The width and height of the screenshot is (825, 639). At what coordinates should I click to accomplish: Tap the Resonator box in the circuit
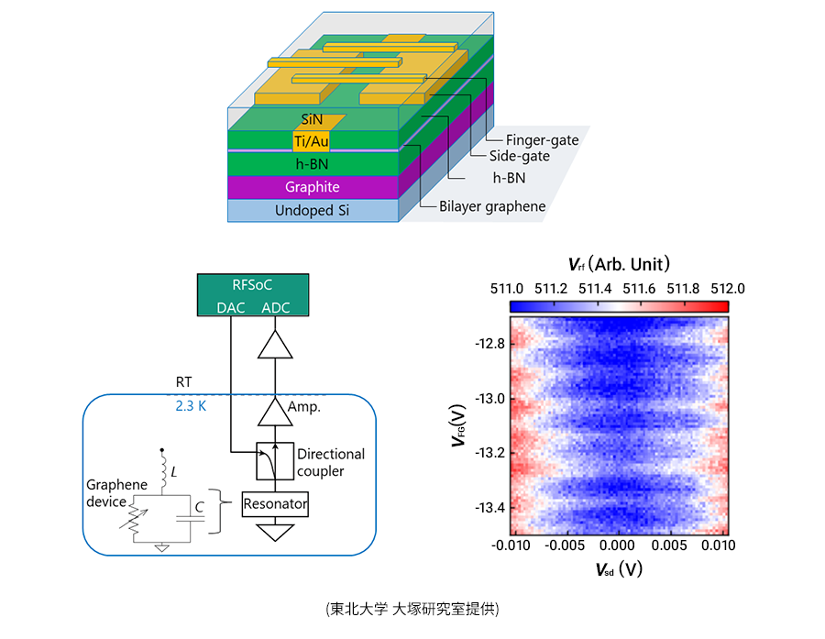275,504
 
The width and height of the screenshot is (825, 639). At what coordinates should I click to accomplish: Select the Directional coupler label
331,462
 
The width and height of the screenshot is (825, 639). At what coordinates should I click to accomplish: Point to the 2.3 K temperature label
192,404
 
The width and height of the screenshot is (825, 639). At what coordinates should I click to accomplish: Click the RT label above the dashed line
184,380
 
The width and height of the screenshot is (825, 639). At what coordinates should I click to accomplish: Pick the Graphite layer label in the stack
312,187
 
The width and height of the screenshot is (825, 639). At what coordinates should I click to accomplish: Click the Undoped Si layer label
312,211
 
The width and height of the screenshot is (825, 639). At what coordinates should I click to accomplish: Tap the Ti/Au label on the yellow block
311,141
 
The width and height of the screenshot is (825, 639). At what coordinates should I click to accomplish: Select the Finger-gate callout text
542,140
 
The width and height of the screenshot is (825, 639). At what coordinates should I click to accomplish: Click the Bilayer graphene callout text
492,206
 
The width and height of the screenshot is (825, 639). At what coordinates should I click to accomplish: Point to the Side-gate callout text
519,156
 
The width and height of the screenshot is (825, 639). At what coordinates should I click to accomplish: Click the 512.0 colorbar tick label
727,288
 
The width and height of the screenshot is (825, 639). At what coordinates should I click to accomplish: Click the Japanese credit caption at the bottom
412,609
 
